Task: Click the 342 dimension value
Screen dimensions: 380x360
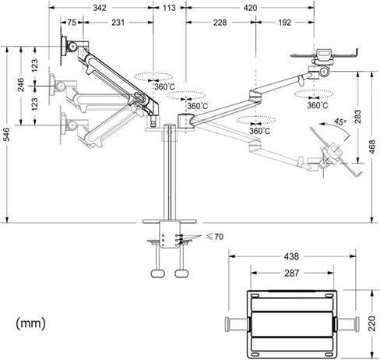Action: click(x=100, y=8)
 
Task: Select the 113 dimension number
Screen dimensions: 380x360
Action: click(x=169, y=8)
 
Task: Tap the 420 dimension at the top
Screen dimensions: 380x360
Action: click(x=250, y=8)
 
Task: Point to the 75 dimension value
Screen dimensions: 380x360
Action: click(x=72, y=23)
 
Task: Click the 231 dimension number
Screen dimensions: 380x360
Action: click(x=118, y=23)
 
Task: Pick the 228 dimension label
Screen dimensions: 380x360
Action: click(x=220, y=23)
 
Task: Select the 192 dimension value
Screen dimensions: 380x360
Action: click(x=285, y=23)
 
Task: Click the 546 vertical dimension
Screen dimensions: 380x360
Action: click(x=6, y=135)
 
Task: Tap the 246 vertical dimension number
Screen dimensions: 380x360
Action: click(x=21, y=85)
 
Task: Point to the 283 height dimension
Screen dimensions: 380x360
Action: click(x=357, y=117)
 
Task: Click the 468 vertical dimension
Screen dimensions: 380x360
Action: click(x=372, y=146)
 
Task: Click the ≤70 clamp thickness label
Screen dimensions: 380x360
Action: click(x=215, y=237)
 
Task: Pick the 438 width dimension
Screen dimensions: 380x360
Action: click(x=291, y=256)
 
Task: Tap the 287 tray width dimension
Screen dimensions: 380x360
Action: click(x=292, y=273)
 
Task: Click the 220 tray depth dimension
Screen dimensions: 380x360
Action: click(x=372, y=323)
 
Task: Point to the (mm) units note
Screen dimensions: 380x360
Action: click(x=30, y=323)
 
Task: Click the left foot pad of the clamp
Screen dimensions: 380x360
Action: click(x=157, y=274)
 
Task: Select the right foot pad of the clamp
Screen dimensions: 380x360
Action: click(x=181, y=274)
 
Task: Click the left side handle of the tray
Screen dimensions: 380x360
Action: click(x=237, y=324)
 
